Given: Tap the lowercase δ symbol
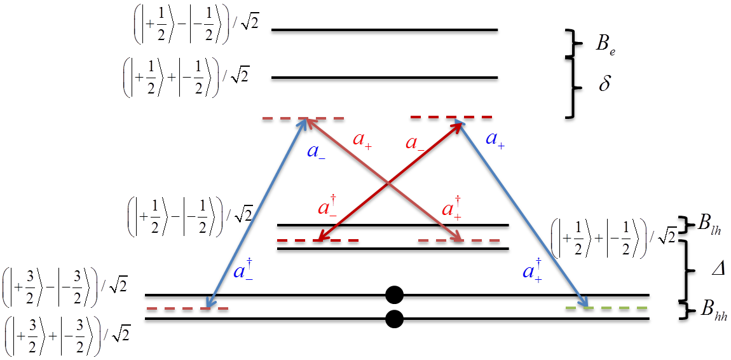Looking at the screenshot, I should coord(605,83).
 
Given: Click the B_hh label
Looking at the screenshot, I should coord(714,312).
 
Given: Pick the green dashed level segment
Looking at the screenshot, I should coord(607,310).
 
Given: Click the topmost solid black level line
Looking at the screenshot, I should coord(385,31).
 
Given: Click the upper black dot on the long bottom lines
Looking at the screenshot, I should coord(395,294).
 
